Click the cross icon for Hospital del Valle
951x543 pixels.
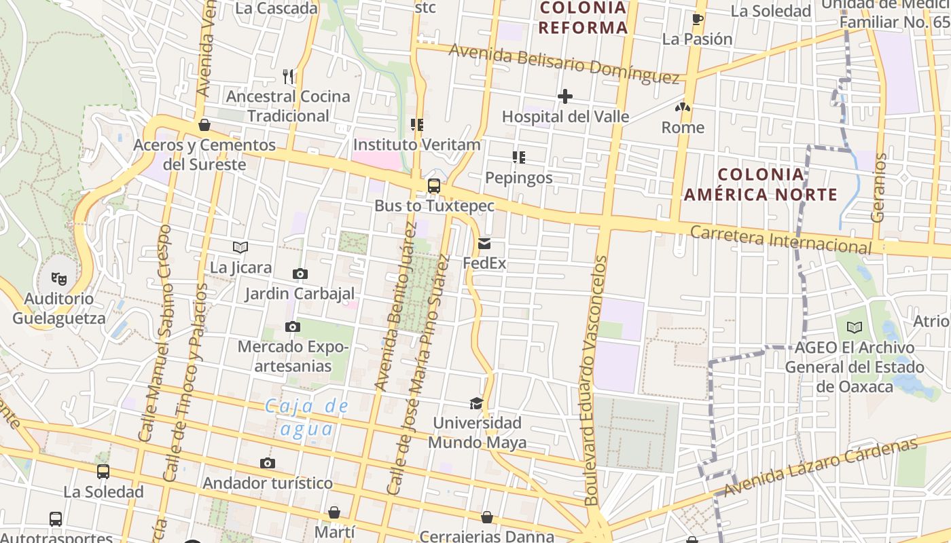point(564,96)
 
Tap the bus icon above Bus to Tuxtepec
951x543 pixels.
point(433,185)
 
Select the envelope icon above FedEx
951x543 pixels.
point(484,243)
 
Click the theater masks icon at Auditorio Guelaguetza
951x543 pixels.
point(60,278)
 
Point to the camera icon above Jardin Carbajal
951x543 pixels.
point(300,274)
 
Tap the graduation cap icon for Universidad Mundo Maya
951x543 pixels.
point(476,403)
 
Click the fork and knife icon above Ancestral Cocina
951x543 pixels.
point(288,76)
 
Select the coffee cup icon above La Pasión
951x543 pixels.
point(697,19)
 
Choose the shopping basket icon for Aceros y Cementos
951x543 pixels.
point(204,125)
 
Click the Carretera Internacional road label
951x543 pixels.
point(780,240)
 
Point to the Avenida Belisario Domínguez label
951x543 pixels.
point(564,64)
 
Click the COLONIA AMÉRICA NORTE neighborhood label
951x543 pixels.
point(761,185)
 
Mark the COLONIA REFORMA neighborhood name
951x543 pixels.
point(583,18)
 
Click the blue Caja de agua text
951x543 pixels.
point(306,417)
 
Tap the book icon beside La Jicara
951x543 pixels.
point(240,247)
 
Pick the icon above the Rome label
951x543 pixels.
point(683,107)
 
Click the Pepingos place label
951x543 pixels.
point(518,178)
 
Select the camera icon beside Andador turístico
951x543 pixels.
point(268,464)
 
